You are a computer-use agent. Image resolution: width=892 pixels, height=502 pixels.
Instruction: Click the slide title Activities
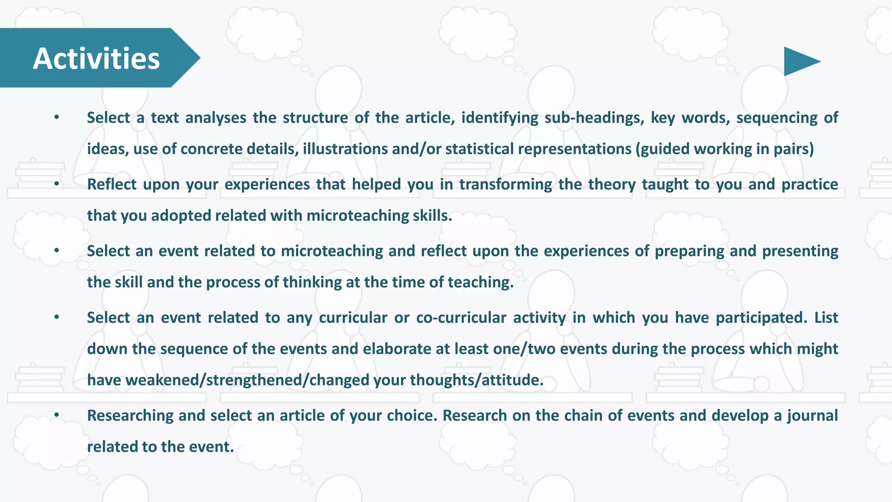click(96, 58)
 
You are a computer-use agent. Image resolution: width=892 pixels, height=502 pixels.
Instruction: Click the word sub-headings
click(594, 118)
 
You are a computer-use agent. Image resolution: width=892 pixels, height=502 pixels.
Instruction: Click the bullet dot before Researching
click(57, 416)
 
